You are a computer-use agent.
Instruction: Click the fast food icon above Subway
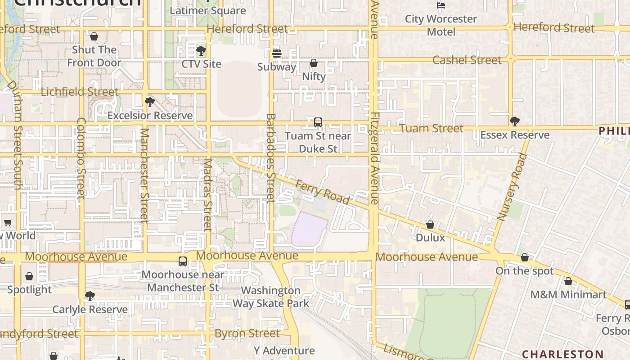pyautogui.click(x=277, y=54)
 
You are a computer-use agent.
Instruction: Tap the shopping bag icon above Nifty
pyautogui.click(x=314, y=63)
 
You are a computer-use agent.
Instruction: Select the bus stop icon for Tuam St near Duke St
pyautogui.click(x=318, y=122)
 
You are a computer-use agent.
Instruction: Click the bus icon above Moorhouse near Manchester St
pyautogui.click(x=183, y=261)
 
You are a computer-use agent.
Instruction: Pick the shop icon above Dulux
pyautogui.click(x=430, y=225)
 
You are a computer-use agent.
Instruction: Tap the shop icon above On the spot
pyautogui.click(x=525, y=258)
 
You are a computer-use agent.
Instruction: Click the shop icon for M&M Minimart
pyautogui.click(x=568, y=282)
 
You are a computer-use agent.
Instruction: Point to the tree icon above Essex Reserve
pyautogui.click(x=515, y=121)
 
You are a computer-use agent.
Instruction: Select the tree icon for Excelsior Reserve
pyautogui.click(x=150, y=102)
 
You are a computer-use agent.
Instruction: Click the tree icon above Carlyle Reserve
pyautogui.click(x=90, y=296)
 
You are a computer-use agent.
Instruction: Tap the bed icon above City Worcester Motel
pyautogui.click(x=441, y=5)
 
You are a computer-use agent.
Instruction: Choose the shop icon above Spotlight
pyautogui.click(x=29, y=276)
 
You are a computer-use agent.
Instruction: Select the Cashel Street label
pyautogui.click(x=467, y=60)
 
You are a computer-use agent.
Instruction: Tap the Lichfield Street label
pyautogui.click(x=80, y=92)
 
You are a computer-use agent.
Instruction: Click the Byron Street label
pyautogui.click(x=247, y=333)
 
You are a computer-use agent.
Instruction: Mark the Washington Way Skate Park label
pyautogui.click(x=271, y=297)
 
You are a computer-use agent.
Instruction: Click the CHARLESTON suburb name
pyautogui.click(x=562, y=354)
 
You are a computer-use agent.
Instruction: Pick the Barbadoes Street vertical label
pyautogui.click(x=270, y=157)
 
